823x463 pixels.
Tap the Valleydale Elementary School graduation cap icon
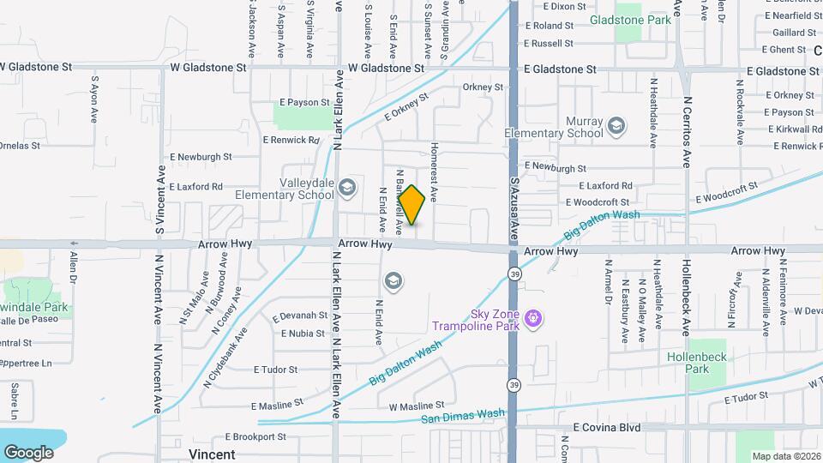(347, 187)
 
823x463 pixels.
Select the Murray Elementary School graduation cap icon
(616, 127)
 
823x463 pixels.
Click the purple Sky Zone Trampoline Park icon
(533, 318)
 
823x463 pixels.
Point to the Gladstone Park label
(629, 19)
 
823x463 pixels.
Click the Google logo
(28, 452)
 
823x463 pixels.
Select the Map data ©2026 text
(786, 456)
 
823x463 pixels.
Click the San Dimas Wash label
(462, 417)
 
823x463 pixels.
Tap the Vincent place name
(211, 454)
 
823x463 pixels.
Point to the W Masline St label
(417, 405)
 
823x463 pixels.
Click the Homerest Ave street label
(435, 171)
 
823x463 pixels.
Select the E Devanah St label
(299, 316)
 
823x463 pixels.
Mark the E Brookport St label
(255, 436)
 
